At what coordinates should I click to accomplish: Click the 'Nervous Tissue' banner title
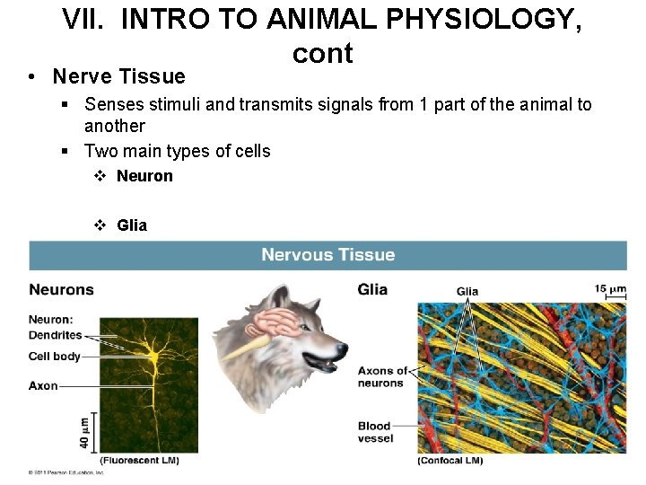tap(327, 255)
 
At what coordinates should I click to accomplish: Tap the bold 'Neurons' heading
tap(61, 289)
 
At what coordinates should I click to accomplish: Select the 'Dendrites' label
tap(55, 335)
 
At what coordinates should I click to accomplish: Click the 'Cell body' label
tap(54, 357)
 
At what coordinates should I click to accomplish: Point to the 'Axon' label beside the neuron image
tap(43, 386)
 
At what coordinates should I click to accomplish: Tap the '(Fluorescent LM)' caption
tap(139, 461)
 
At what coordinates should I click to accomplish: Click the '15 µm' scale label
tap(610, 289)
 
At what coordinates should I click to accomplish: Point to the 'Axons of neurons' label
tap(381, 377)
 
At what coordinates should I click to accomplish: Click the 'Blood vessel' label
tap(375, 432)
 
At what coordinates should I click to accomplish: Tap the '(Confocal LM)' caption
tap(450, 461)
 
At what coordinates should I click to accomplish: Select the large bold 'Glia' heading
tap(372, 289)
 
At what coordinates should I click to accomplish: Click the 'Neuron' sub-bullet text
tap(144, 176)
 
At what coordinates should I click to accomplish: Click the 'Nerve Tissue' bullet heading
tap(118, 77)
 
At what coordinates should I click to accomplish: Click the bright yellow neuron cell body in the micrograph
tap(154, 358)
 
